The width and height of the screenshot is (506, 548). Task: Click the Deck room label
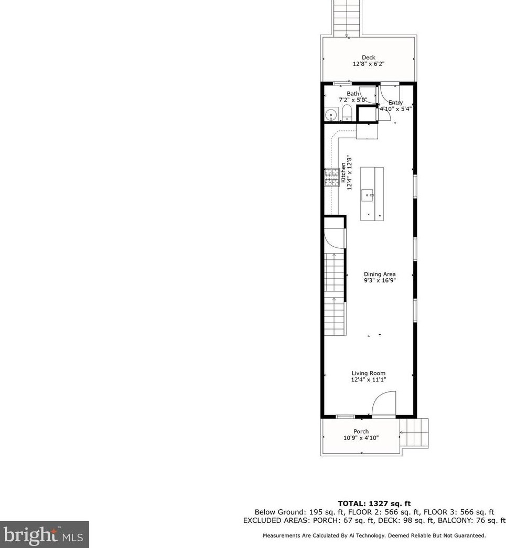(368, 58)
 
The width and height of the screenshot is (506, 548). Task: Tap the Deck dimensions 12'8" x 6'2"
(368, 64)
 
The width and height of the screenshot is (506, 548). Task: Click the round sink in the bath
(330, 114)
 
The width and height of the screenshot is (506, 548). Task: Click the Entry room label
(395, 103)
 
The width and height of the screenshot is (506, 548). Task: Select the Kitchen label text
(343, 172)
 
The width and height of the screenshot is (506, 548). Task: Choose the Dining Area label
(380, 274)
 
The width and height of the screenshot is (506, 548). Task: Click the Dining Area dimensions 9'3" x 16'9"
(380, 280)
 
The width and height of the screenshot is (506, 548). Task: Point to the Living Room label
(369, 374)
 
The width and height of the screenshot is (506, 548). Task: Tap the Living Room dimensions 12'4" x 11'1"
(369, 380)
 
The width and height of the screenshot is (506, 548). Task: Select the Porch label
(361, 432)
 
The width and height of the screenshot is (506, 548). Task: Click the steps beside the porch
(415, 432)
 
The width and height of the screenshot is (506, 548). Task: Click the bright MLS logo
(44, 534)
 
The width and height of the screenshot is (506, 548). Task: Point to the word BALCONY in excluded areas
(458, 520)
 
